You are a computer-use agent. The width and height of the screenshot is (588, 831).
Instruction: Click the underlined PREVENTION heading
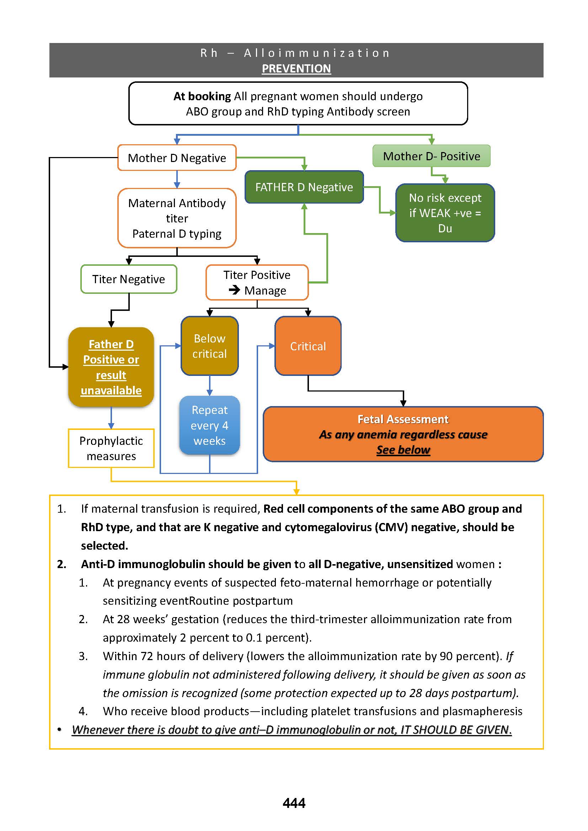pos(296,69)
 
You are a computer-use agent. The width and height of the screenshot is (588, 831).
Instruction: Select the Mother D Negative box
pos(177,158)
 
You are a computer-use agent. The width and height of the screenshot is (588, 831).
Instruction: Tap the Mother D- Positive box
pos(431,156)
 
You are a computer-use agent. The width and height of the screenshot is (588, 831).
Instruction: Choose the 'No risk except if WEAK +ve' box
pos(445,213)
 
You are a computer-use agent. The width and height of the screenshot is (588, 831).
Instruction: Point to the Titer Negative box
pos(129,279)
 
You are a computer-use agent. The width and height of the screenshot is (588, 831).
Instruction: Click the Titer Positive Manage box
pos(257,283)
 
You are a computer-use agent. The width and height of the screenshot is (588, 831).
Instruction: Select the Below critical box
pos(209,346)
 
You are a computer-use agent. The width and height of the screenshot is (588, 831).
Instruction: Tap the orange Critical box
pos(308,346)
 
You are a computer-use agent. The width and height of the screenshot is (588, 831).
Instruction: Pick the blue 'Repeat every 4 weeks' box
pos(209,425)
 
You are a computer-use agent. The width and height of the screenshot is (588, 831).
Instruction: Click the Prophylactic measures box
pos(111,448)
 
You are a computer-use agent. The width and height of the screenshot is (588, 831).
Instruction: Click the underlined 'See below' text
pos(403,450)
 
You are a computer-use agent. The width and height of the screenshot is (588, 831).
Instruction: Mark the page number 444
pos(294,803)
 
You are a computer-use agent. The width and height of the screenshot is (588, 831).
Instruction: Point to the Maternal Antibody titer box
pos(177,218)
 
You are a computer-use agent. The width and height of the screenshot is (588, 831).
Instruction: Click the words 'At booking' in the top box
pos(202,96)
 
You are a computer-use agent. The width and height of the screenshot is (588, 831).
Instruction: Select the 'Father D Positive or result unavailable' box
pos(111,367)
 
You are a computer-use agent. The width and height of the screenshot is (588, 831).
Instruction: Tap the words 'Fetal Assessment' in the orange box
pos(403,419)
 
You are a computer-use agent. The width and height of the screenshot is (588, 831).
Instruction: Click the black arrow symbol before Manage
pos(234,290)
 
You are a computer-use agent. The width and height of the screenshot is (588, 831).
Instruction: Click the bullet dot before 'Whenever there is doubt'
pos(59,730)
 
